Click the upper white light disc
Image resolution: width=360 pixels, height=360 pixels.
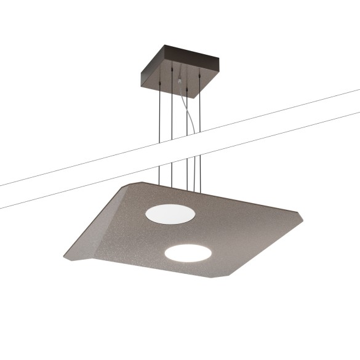170,214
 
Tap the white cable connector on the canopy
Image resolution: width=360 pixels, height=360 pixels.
179,81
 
